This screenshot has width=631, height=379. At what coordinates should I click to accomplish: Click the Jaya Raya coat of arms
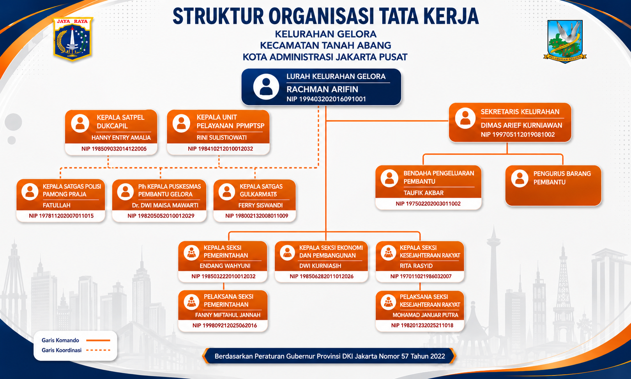point(73,39)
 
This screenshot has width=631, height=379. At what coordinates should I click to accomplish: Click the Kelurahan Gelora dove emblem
point(565,41)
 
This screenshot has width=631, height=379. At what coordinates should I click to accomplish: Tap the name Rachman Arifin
point(322,89)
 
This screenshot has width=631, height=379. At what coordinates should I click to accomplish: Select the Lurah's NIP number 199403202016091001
point(326,99)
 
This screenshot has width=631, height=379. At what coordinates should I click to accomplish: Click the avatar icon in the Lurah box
point(266,87)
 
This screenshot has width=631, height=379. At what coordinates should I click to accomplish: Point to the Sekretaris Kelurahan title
point(520,112)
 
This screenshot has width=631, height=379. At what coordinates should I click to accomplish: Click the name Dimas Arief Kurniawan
point(521,125)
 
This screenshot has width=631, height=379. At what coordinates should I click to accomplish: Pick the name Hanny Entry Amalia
point(121,138)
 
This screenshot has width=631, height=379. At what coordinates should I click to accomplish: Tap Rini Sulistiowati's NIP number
point(220,149)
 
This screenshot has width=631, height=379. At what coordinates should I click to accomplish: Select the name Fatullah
point(57,205)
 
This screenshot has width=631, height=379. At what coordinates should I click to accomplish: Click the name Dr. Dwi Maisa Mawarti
point(165,205)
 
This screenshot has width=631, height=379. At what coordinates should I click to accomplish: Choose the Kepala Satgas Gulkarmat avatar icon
point(227,192)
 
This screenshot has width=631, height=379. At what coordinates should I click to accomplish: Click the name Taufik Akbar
point(423,193)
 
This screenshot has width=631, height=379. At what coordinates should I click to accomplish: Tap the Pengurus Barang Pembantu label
point(562,178)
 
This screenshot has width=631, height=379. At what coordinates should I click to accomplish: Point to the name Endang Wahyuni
point(225,266)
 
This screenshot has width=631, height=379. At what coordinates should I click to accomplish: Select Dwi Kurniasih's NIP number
point(322,276)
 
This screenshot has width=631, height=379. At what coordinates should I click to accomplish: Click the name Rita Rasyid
point(416,266)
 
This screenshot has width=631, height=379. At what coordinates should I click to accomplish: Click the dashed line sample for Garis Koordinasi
point(98,350)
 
